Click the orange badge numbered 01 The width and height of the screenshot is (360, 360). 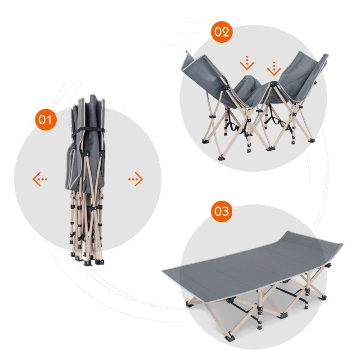[46, 120]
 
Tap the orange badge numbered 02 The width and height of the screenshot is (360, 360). [221, 32]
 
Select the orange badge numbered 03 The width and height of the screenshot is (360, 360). [221, 211]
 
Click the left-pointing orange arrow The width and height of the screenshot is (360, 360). [40, 179]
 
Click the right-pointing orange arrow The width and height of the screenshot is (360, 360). [136, 179]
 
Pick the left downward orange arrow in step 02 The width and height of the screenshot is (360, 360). [247, 63]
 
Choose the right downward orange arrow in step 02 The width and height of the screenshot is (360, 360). [274, 69]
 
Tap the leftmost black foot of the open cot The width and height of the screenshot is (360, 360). [189, 305]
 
